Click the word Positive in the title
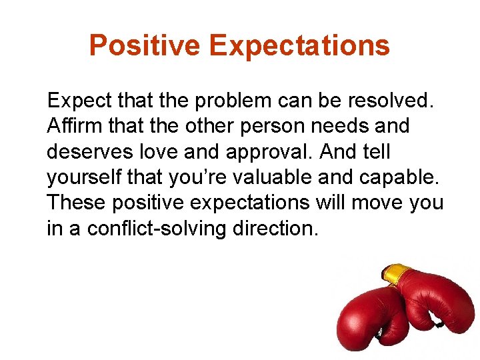click(x=145, y=46)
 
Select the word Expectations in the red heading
click(x=299, y=46)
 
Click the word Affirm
click(x=69, y=126)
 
